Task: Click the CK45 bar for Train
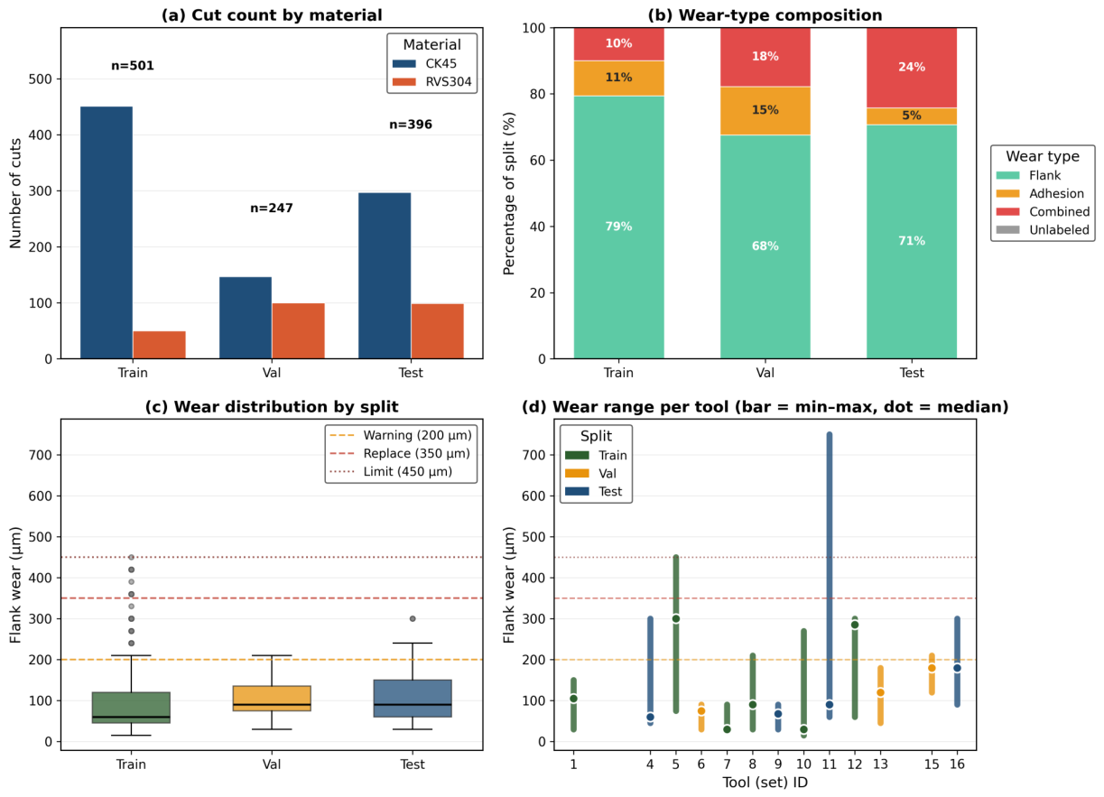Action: click(107, 233)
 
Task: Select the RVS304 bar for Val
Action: click(298, 330)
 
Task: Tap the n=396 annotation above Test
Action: click(411, 125)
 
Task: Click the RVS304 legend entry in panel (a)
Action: click(432, 82)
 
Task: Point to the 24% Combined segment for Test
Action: click(912, 68)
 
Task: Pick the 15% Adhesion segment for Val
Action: click(765, 110)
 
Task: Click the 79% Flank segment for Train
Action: click(618, 227)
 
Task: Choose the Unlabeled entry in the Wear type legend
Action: click(1043, 229)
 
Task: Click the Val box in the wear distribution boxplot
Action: click(272, 698)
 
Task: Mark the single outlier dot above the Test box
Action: click(413, 618)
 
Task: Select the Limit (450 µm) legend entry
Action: click(391, 472)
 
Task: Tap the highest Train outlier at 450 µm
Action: click(131, 557)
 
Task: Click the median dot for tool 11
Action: click(830, 705)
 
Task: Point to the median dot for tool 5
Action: click(676, 618)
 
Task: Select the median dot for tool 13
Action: click(880, 692)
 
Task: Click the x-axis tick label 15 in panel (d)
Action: click(932, 764)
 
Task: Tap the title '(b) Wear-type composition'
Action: click(765, 15)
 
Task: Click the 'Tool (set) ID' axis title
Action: click(765, 783)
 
